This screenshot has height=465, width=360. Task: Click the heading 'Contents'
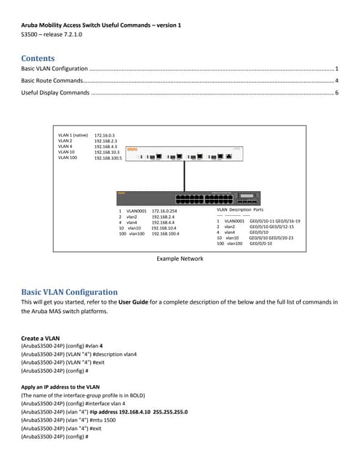(x=38, y=58)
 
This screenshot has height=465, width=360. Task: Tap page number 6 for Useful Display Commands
(x=337, y=93)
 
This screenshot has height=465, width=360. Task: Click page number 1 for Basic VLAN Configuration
(x=337, y=68)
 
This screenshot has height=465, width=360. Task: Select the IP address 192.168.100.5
(x=108, y=158)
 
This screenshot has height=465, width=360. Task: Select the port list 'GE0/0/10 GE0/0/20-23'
(x=271, y=238)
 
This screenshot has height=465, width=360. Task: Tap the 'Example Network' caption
(x=180, y=259)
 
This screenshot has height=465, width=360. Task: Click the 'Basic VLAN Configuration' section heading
(x=69, y=291)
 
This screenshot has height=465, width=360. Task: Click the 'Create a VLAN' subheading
(x=41, y=339)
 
